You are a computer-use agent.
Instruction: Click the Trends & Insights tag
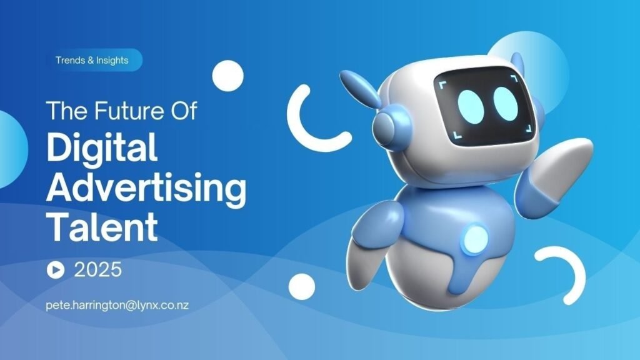click(x=92, y=60)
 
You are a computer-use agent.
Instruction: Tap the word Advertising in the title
click(x=146, y=188)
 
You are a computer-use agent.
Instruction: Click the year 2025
click(x=98, y=270)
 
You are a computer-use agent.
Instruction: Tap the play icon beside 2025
click(x=56, y=270)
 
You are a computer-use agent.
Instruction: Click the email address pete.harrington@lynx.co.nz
click(x=117, y=305)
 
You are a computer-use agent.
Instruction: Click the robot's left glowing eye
click(x=471, y=105)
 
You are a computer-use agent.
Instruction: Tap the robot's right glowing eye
click(x=506, y=104)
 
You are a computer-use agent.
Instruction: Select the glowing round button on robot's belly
click(x=475, y=238)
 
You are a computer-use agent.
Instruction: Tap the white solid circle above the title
click(x=227, y=76)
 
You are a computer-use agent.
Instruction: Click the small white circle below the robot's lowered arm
click(x=302, y=286)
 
